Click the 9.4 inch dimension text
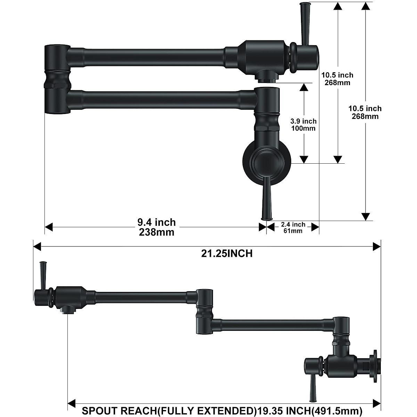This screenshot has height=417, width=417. [x=156, y=222]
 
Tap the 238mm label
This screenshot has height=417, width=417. [x=156, y=232]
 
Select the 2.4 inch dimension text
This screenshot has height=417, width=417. [x=293, y=224]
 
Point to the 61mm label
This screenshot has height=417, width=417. [x=293, y=231]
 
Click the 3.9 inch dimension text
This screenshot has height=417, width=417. [x=303, y=121]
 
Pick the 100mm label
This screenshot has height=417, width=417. [x=303, y=128]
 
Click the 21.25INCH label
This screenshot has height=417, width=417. [x=227, y=253]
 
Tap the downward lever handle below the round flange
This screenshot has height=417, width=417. [x=267, y=200]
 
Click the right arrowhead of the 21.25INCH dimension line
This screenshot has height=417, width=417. [x=377, y=246]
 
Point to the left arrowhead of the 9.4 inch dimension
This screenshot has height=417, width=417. [x=49, y=227]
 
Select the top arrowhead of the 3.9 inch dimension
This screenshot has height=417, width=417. [x=304, y=87]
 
